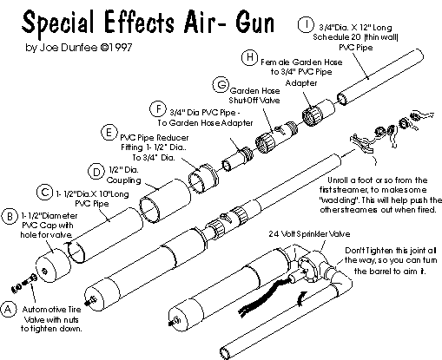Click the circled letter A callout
[x=8, y=310]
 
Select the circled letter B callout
[x=10, y=217]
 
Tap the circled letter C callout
[x=44, y=193]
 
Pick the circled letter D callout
[x=96, y=172]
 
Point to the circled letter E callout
[x=109, y=133]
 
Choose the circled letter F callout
[x=158, y=109]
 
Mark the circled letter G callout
[x=221, y=85]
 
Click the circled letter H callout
[x=249, y=57]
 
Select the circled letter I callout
[x=306, y=24]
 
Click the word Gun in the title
[x=254, y=23]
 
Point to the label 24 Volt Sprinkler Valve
[x=309, y=233]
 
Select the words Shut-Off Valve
[x=254, y=101]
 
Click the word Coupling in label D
[x=123, y=180]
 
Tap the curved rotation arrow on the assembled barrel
[x=301, y=298]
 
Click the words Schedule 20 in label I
[x=337, y=37]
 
